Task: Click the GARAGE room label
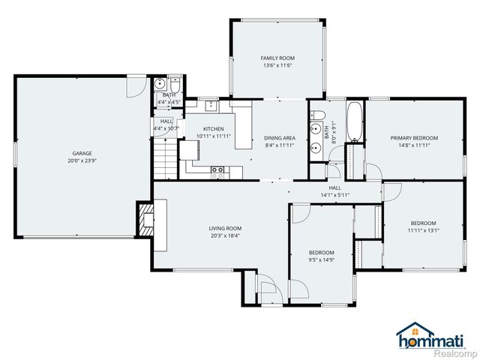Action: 72,154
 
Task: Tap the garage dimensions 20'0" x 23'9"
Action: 72,160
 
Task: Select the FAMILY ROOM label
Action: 277,58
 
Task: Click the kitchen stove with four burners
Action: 218,171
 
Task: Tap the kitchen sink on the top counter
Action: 212,105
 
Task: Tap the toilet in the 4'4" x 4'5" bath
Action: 174,83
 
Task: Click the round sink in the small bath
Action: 160,84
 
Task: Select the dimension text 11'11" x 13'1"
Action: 423,230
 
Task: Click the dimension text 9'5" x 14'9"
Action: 321,259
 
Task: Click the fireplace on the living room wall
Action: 143,218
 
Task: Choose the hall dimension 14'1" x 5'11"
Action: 334,195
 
